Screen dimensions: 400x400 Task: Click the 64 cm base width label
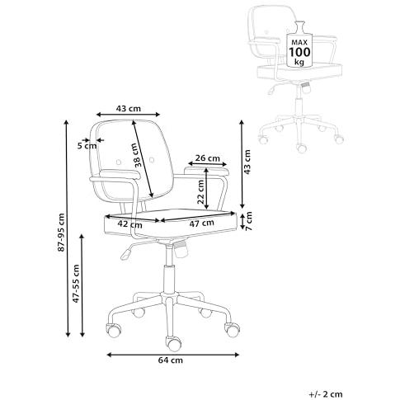coord(170,360)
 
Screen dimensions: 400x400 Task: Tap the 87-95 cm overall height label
coord(61,232)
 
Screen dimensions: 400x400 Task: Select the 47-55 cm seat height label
coord(76,284)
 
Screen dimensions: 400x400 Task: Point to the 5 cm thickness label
coord(87,146)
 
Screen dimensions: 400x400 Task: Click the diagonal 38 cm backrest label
coord(138,155)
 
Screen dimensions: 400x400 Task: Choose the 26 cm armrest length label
coord(208,158)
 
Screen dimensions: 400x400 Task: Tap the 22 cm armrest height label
coord(200,191)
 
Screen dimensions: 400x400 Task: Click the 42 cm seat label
coord(129,224)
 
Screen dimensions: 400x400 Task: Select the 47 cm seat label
coord(201,223)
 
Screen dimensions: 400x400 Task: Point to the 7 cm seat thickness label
coord(249,221)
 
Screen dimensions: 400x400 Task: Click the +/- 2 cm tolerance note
coord(326,394)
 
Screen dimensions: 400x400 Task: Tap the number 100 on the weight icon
coord(299,52)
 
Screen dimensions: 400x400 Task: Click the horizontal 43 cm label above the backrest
coord(128,109)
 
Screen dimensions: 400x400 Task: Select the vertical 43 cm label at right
coord(247,162)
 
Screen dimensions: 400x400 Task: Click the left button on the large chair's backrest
coord(119,162)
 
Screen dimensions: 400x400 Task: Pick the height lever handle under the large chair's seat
coord(125,254)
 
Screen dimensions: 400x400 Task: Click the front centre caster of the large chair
coord(174,344)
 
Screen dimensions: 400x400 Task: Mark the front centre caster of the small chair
coord(301,148)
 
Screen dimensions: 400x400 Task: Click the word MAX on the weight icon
coord(299,42)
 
